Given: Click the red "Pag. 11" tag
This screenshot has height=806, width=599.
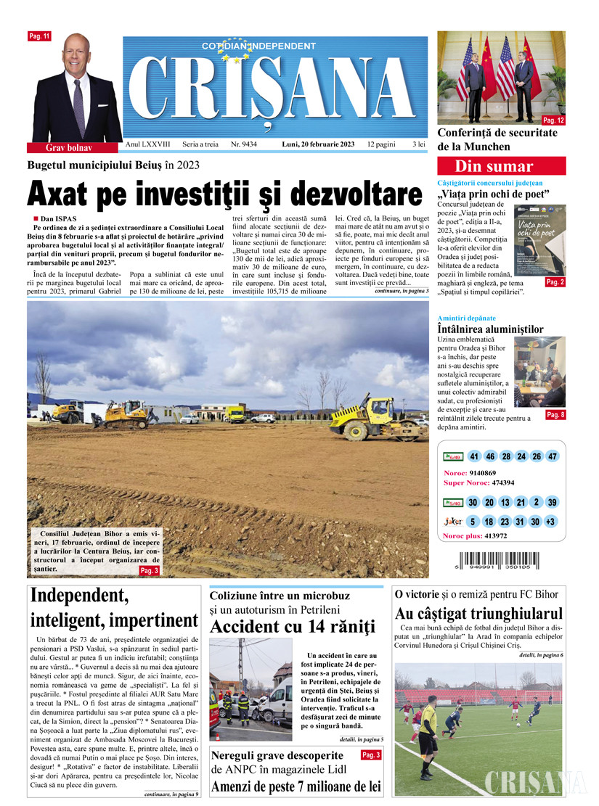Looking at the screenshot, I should click(38, 36).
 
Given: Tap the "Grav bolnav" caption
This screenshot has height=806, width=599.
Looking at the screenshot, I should click(70, 147).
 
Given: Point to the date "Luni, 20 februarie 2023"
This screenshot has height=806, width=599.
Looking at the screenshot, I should click(318, 144).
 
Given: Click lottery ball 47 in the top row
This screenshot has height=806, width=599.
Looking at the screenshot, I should click(553, 456).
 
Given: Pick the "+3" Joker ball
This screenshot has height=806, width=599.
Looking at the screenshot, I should click(553, 522).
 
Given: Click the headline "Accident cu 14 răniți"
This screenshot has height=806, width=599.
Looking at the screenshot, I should click(293, 625).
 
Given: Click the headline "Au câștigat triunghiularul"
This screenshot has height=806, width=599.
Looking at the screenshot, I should click(478, 614).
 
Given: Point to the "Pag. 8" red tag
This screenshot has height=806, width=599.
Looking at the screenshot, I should click(555, 415).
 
